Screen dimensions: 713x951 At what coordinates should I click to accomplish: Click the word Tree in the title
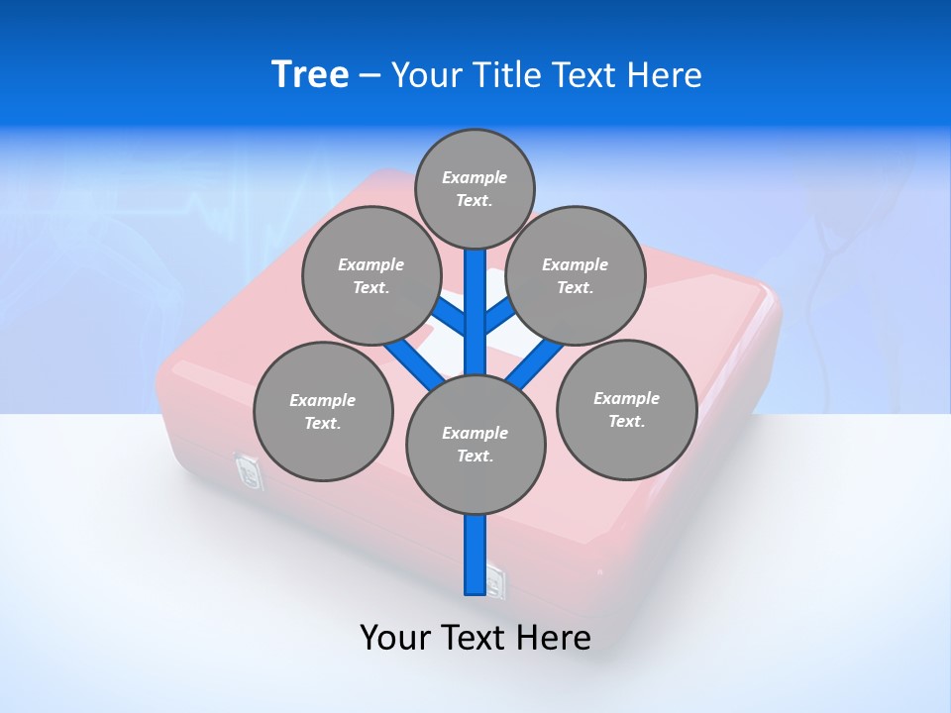(310, 75)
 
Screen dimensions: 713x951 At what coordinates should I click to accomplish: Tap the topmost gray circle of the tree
(475, 188)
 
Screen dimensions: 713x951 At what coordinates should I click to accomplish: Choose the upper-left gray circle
(370, 275)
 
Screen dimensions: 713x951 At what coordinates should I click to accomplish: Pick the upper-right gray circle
(576, 275)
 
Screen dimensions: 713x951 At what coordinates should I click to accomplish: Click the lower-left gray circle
(323, 411)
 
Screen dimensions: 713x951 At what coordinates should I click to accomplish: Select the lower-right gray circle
(626, 409)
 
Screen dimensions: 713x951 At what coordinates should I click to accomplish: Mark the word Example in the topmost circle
(475, 177)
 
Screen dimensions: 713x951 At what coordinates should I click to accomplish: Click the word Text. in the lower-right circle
(626, 421)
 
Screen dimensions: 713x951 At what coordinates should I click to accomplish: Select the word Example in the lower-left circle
(322, 400)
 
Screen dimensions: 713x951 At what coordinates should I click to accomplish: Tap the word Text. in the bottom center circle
(475, 456)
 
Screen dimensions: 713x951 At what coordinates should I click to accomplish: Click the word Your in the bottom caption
(395, 638)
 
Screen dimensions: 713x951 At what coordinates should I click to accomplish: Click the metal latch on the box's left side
(248, 471)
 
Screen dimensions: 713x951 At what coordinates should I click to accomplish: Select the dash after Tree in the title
(370, 76)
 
